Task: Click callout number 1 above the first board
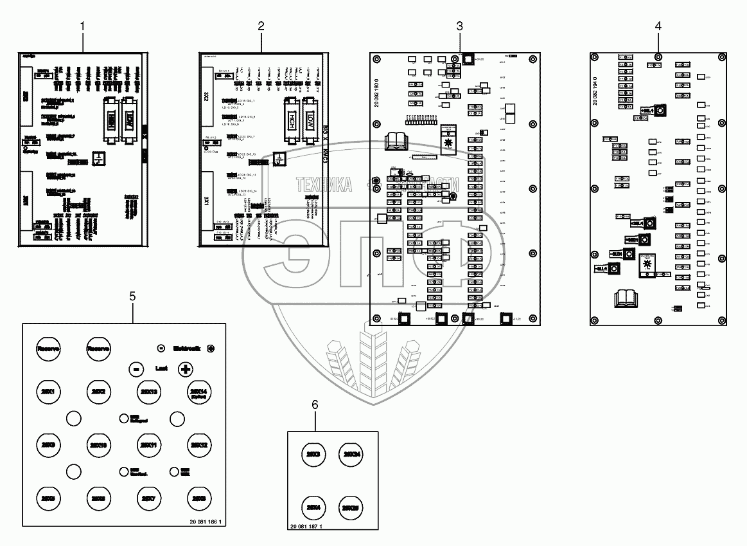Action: point(83,26)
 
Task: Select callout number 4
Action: point(657,26)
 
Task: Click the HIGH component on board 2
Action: point(291,120)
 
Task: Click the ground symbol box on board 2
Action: point(278,158)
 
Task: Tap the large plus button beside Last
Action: point(186,369)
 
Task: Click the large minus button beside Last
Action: point(135,369)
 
